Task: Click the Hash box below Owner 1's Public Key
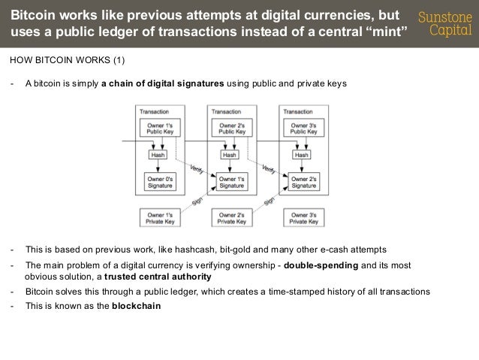158,155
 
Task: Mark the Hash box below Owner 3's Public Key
301,155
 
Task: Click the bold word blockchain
136,307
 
